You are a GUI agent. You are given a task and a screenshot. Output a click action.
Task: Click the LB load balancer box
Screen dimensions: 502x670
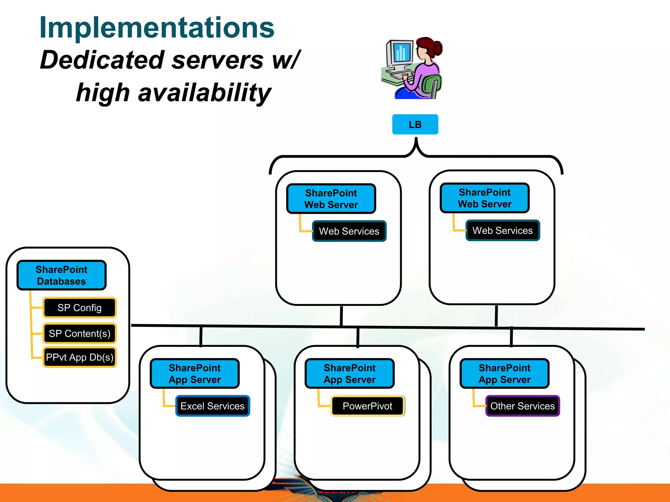(x=415, y=124)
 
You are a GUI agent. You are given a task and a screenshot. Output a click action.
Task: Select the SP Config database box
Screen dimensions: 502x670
(x=79, y=308)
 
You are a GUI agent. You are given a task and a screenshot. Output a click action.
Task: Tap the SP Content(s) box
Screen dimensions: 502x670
(x=79, y=333)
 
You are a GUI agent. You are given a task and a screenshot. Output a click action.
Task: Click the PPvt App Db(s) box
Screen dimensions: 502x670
(x=79, y=357)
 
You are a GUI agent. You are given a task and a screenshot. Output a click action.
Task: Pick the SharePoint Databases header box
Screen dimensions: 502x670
(x=62, y=275)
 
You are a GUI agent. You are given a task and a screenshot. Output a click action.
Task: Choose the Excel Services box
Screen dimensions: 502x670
(x=213, y=406)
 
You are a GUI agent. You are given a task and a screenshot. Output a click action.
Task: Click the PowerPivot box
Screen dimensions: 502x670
(x=367, y=406)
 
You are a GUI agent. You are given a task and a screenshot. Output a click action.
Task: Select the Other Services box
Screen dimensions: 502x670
(x=522, y=406)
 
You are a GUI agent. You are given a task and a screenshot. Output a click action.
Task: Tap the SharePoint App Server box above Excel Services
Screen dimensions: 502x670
(x=195, y=374)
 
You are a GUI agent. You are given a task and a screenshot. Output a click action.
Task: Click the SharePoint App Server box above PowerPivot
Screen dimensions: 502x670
(x=349, y=374)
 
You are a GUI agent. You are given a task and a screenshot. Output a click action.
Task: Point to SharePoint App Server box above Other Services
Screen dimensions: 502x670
(x=504, y=374)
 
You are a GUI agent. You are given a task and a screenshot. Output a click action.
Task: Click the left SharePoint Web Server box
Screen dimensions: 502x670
(x=331, y=199)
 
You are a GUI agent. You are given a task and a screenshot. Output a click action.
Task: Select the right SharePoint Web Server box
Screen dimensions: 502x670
(x=485, y=198)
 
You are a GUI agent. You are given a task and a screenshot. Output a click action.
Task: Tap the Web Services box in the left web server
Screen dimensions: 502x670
(x=349, y=231)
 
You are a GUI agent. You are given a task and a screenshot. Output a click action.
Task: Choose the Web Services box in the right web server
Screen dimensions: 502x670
(x=502, y=230)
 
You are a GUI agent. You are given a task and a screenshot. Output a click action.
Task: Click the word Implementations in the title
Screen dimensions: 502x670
(x=157, y=28)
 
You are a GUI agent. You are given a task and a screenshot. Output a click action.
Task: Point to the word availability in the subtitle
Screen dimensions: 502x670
(x=204, y=92)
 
